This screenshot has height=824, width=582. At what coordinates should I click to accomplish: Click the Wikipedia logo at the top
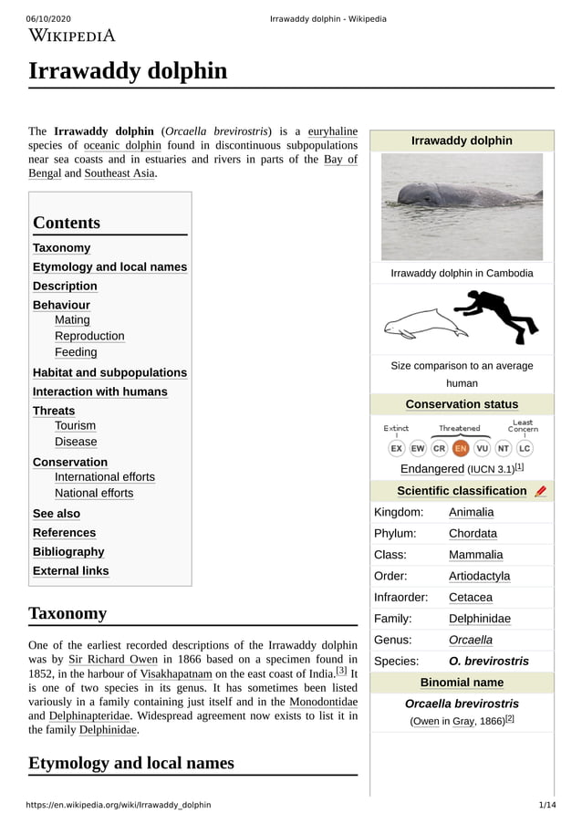coord(72,37)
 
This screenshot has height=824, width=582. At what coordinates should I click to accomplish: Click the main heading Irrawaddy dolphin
coord(128,71)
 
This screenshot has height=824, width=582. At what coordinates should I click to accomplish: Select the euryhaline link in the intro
coord(332,131)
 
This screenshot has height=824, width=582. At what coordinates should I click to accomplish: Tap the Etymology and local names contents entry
coord(109,267)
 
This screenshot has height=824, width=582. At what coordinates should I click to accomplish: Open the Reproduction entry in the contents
coord(89,336)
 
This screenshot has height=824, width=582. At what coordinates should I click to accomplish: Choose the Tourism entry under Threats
coord(75,426)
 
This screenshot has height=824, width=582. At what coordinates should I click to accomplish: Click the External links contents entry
coord(70,571)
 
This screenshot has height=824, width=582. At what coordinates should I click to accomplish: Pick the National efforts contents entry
coord(94,494)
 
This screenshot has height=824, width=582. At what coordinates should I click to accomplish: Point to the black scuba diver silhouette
coord(497,315)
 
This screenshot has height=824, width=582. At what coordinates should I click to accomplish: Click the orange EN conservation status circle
coord(461,448)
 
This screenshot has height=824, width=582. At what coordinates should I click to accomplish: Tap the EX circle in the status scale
coord(397,448)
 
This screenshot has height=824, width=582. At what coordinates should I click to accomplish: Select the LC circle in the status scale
coord(525,448)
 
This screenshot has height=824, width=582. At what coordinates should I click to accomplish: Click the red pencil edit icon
coord(541,491)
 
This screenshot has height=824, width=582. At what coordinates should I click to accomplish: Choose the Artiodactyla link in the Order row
coord(479,576)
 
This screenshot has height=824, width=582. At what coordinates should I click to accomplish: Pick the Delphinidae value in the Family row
coord(479,619)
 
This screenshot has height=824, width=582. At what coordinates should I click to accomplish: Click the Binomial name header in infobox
coord(462,683)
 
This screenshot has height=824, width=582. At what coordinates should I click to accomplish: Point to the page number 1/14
coord(546,805)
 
